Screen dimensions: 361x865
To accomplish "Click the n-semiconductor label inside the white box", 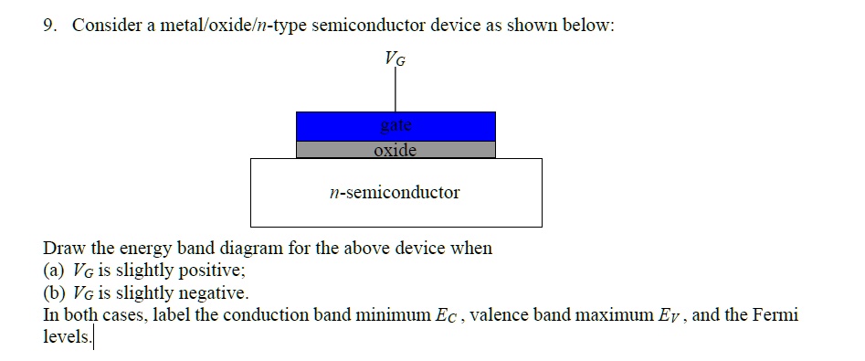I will [x=395, y=193].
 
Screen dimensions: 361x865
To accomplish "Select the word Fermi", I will [x=775, y=316].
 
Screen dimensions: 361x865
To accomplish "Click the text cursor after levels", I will [x=93, y=338].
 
